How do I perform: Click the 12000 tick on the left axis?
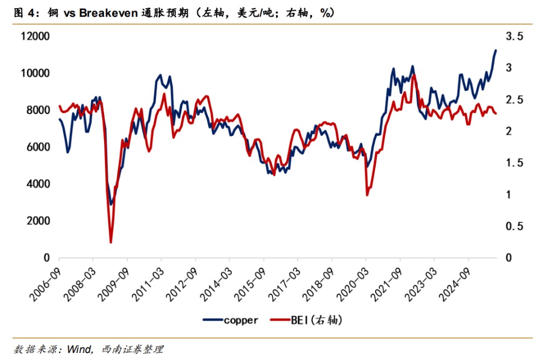tap(35, 37)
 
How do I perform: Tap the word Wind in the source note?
tap(78, 350)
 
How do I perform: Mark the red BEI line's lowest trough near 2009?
tap(111, 242)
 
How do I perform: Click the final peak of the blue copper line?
tap(495, 50)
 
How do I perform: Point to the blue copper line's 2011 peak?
tap(160, 75)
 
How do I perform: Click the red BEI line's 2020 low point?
tap(367, 195)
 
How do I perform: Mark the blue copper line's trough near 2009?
tap(111, 204)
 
